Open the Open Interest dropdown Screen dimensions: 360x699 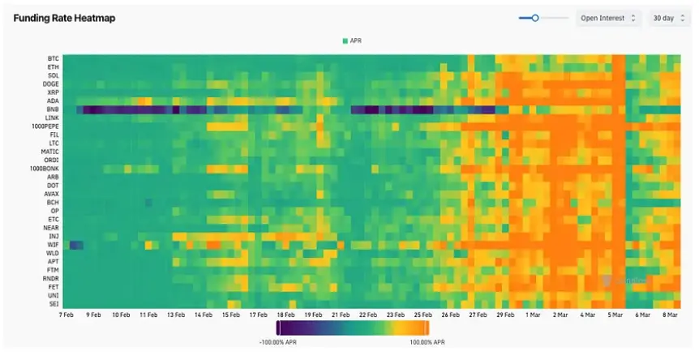pos(608,18)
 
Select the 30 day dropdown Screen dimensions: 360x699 pos(669,18)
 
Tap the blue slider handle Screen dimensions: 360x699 pos(535,18)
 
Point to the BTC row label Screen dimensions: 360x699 pos(54,58)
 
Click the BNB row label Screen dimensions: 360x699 pos(54,109)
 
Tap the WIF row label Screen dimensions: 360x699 pos(54,244)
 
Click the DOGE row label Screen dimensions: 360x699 pos(51,84)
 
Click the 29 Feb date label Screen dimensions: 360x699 pos(505,315)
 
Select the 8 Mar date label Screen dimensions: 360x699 pos(670,315)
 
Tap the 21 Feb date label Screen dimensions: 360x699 pos(341,315)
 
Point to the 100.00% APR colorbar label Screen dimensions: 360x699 pos(427,343)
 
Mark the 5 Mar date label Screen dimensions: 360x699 pos(615,315)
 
